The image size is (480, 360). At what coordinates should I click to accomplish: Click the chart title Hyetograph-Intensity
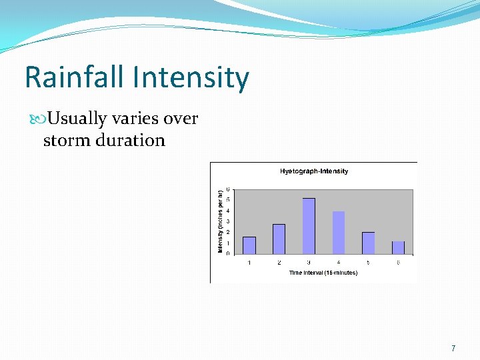(313, 171)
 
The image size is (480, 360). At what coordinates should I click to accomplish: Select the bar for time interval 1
(249, 245)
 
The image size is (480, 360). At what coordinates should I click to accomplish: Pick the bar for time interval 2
(279, 239)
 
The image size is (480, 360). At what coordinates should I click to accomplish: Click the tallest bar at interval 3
(309, 226)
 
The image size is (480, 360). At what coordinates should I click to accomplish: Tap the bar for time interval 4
(339, 233)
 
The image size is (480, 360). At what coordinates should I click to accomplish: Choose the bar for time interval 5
(368, 243)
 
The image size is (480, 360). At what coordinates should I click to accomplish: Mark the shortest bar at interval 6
(398, 247)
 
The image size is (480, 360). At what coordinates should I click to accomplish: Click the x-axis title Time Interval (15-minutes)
(323, 273)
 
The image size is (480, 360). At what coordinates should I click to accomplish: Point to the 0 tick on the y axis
(228, 253)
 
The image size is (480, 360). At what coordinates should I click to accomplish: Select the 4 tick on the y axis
(228, 211)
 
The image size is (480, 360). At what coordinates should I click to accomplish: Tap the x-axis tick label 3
(309, 262)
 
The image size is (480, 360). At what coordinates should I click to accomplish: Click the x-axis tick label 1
(249, 262)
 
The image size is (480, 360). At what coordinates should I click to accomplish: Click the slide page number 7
(453, 348)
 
